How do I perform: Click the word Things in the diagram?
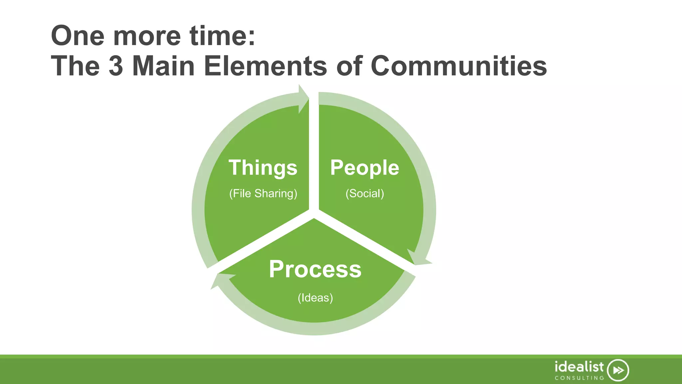(263, 168)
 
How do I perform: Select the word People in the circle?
(364, 168)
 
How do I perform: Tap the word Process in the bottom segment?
(315, 269)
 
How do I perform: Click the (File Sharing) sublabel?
(263, 193)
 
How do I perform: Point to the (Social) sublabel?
(365, 193)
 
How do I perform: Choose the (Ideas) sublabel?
(315, 298)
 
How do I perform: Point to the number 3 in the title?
(116, 66)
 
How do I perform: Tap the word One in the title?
(78, 36)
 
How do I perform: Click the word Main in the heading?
(163, 66)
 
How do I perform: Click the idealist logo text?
(579, 367)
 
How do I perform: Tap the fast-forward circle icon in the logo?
(618, 370)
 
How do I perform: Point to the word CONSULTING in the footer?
(579, 378)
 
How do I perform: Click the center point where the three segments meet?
(314, 213)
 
